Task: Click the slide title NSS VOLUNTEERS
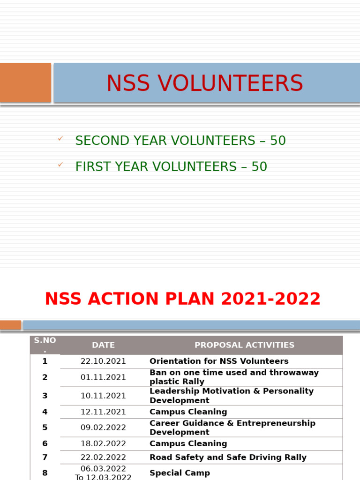pyautogui.click(x=205, y=84)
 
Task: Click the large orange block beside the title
pyautogui.click(x=25, y=82)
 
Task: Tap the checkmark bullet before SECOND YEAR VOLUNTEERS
pyautogui.click(x=60, y=138)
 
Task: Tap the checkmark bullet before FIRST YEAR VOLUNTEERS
pyautogui.click(x=60, y=165)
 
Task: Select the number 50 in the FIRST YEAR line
pyautogui.click(x=259, y=167)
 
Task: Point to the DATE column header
pyautogui.click(x=103, y=345)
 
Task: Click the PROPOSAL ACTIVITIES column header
pyautogui.click(x=244, y=345)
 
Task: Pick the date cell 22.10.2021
pyautogui.click(x=103, y=361)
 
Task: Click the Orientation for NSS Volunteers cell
pyautogui.click(x=219, y=361)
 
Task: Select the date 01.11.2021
pyautogui.click(x=103, y=377)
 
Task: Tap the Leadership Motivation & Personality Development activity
pyautogui.click(x=232, y=396)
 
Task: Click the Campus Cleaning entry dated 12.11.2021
pyautogui.click(x=188, y=412)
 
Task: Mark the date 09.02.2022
pyautogui.click(x=103, y=427)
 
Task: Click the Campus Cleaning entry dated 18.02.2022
pyautogui.click(x=188, y=443)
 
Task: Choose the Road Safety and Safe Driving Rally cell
pyautogui.click(x=228, y=457)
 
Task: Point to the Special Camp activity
pyautogui.click(x=180, y=473)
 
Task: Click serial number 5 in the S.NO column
pyautogui.click(x=45, y=427)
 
